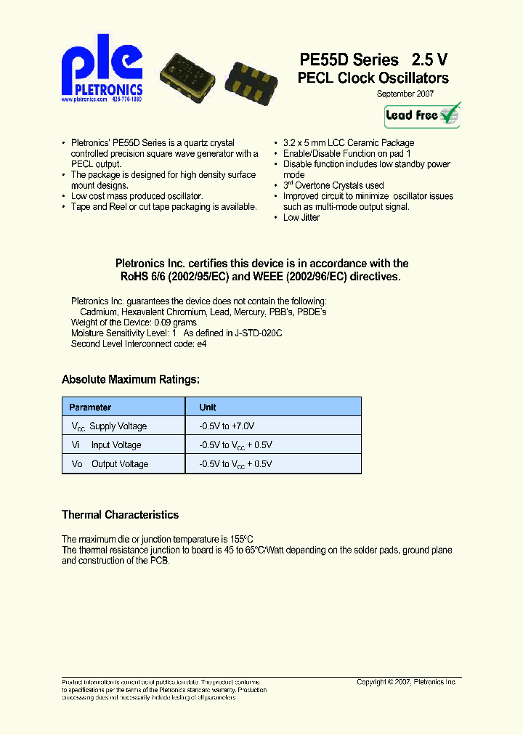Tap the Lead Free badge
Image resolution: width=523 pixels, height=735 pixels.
click(x=422, y=115)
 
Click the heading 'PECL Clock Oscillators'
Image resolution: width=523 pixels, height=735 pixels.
click(x=373, y=78)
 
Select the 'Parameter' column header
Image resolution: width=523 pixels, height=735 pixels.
click(x=90, y=407)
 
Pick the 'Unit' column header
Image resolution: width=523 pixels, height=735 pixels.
click(x=208, y=407)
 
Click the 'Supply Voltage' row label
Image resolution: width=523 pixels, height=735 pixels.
click(x=117, y=426)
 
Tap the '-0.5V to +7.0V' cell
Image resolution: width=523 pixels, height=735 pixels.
click(x=227, y=426)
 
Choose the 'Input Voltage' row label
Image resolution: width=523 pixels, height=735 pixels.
click(x=115, y=445)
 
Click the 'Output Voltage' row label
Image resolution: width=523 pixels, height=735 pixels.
click(x=119, y=464)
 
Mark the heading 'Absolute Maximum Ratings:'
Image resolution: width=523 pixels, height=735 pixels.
click(x=131, y=380)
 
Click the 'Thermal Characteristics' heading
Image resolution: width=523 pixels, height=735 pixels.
click(x=120, y=515)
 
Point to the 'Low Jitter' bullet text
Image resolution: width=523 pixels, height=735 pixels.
click(x=301, y=218)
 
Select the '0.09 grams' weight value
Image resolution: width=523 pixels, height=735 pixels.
click(x=174, y=322)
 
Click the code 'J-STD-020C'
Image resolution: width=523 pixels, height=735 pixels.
click(x=257, y=333)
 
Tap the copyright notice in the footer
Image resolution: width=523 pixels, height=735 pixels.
click(x=406, y=682)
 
